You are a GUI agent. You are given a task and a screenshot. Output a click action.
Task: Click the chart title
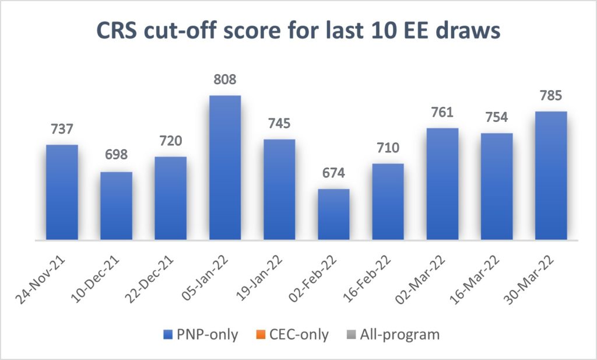coord(298,31)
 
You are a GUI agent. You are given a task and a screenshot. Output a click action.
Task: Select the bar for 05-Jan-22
coord(225,167)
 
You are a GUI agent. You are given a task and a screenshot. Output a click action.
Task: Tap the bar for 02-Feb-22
coord(333,214)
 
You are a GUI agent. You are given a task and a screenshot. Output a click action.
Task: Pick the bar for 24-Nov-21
coord(62,192)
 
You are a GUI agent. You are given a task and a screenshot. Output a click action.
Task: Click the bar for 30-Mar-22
coord(551,175)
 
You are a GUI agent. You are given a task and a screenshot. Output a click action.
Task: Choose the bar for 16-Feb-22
coord(388,201)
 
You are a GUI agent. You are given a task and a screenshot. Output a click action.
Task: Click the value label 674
coord(333,173)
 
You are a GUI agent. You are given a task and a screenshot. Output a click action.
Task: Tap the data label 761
coord(443,112)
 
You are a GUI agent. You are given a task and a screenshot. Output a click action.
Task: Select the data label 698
coord(116,156)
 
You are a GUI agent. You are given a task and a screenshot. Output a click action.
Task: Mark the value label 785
coord(551,95)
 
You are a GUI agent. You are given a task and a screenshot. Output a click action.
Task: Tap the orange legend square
coord(260,335)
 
